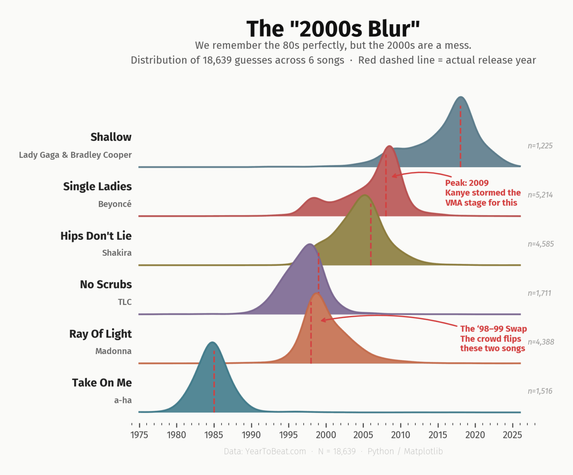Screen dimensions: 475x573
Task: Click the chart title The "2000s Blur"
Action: point(333,29)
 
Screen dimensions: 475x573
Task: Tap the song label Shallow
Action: point(111,137)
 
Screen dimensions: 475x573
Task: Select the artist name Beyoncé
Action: point(115,204)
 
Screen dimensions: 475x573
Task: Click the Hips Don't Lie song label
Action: point(96,236)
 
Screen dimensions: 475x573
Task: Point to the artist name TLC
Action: point(125,302)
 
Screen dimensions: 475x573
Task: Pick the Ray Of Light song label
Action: point(100,333)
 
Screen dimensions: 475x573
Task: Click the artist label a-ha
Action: point(123,400)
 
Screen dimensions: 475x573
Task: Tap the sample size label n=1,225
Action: point(540,146)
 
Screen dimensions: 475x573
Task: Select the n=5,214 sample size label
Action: point(540,195)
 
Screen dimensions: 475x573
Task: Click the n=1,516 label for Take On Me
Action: point(540,391)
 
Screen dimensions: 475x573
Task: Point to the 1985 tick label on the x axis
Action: point(214,435)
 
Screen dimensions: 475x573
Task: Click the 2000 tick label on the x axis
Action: point(326,435)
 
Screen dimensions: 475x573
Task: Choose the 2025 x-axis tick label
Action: point(512,435)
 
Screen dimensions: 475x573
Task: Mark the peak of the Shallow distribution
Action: point(461,97)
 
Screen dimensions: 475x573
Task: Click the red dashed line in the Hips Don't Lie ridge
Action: point(371,235)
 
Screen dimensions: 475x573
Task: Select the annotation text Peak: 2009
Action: point(467,183)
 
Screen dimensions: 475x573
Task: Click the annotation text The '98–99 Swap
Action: point(493,329)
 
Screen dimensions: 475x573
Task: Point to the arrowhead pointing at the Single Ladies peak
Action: point(393,176)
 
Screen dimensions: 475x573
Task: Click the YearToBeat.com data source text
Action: point(265,451)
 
